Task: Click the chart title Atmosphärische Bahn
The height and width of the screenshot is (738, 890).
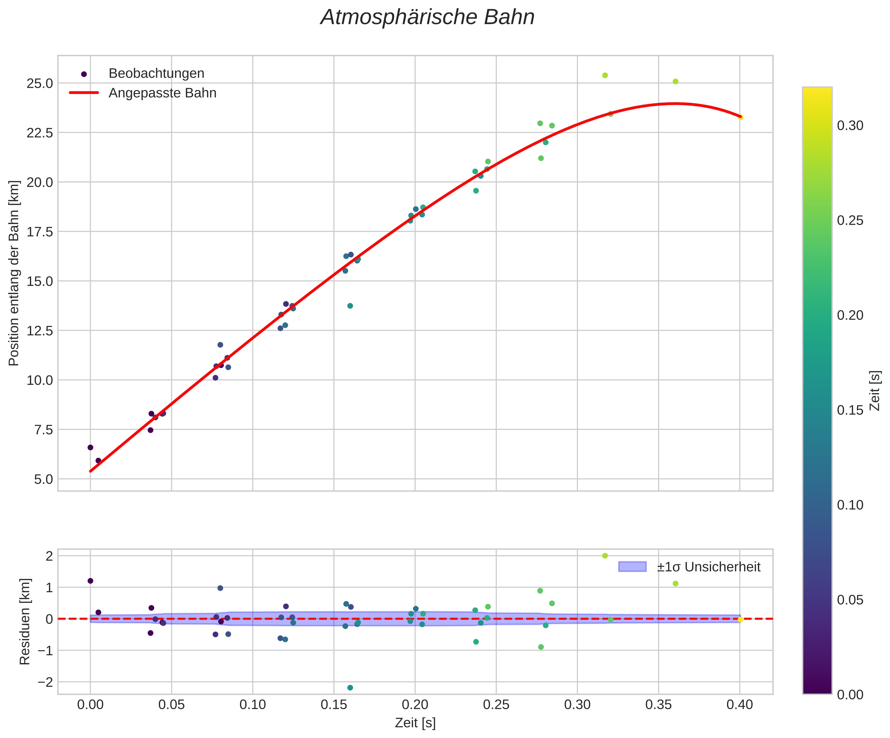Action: point(427,18)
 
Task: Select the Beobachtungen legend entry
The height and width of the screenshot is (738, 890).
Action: point(156,74)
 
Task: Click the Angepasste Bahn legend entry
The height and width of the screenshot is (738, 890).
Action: point(162,93)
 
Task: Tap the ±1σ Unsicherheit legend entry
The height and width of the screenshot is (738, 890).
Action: point(708,567)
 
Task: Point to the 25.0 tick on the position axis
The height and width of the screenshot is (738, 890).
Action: point(40,83)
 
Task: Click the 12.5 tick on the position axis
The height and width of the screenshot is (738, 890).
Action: point(40,331)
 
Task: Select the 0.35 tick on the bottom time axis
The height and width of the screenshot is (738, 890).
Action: point(658,705)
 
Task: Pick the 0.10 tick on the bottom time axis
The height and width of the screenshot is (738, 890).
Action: point(252,705)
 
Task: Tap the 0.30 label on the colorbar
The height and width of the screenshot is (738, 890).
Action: point(850,126)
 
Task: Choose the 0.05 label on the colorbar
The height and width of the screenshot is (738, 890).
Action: point(850,600)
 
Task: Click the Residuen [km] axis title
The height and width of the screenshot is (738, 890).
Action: point(25,621)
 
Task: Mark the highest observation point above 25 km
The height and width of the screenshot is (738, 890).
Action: point(605,75)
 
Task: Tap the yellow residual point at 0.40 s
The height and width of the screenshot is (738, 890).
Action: point(740,620)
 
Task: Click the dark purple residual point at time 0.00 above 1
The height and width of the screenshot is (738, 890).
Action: point(90,581)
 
